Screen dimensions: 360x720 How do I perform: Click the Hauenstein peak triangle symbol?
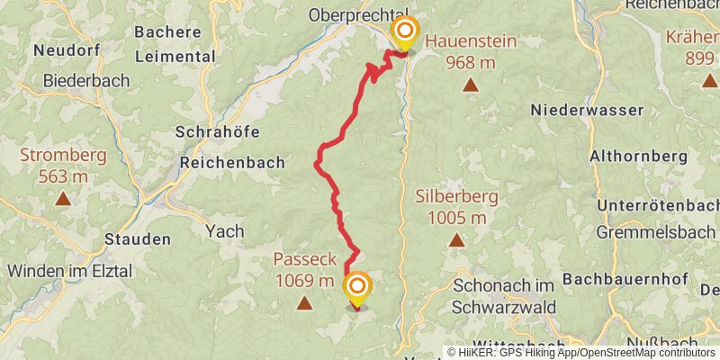470,85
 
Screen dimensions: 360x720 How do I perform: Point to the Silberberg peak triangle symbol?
457,240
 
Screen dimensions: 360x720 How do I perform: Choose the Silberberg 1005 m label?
451,206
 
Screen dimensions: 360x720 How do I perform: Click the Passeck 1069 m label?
304,270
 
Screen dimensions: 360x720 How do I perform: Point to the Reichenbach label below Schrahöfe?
232,163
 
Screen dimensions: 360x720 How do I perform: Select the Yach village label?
225,231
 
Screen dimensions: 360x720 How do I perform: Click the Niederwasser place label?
587,110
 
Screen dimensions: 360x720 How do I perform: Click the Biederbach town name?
85,79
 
